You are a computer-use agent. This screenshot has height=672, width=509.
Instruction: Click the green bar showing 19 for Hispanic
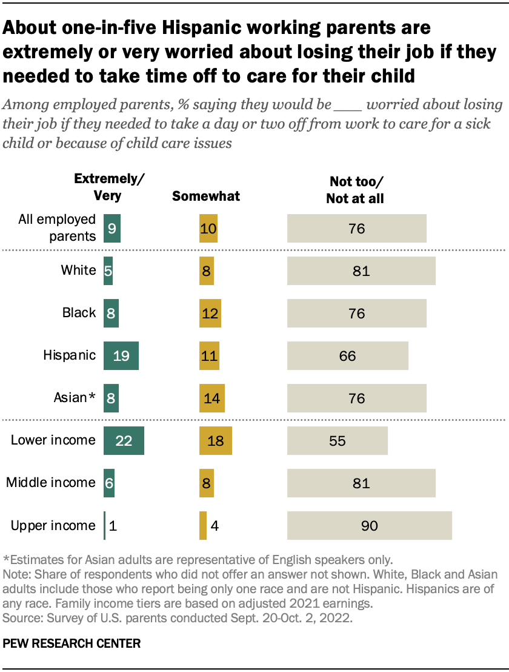point(121,355)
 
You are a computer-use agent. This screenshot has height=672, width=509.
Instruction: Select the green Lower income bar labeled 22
point(124,440)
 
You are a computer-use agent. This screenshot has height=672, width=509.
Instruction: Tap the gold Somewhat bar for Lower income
point(215,440)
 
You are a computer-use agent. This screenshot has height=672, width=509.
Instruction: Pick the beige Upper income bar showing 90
point(369,525)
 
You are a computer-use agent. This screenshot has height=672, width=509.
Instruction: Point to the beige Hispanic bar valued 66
point(347,355)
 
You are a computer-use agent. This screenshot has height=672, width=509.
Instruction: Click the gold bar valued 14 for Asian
point(211,398)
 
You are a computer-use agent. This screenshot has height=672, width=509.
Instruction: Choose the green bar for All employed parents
point(112,228)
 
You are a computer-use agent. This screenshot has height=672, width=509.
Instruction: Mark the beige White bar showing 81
point(361,270)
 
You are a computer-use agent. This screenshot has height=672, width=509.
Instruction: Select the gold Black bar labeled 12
point(210,313)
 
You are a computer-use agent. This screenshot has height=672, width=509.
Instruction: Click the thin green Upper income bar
point(105,525)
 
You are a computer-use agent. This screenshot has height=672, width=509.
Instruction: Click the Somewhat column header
point(206,196)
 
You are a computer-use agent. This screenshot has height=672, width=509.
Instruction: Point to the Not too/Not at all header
point(355,189)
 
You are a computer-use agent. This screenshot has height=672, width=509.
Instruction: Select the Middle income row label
point(51,483)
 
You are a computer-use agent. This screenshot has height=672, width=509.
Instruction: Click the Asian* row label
point(75,398)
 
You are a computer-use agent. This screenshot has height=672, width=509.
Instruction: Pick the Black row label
point(79,313)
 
